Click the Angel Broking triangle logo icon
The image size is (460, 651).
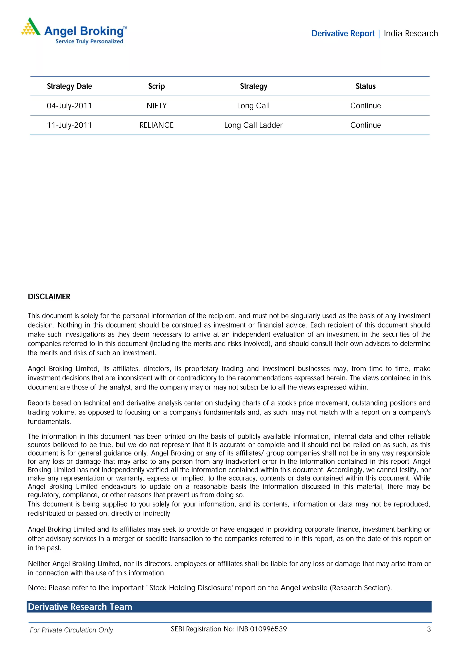[31, 27]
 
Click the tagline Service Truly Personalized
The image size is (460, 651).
[89, 41]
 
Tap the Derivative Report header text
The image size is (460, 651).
[343, 33]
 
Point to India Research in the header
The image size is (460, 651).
[411, 33]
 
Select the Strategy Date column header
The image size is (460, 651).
[69, 86]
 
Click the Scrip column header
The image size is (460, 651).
[157, 86]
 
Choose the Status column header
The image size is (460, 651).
[365, 86]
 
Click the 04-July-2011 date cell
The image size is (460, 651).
[69, 106]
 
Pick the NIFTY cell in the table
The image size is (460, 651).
[157, 106]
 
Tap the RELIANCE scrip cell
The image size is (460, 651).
[157, 125]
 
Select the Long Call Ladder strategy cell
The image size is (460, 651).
[253, 125]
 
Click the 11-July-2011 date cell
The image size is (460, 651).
[69, 125]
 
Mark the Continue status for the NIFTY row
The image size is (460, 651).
[365, 106]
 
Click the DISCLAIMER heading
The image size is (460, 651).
[49, 297]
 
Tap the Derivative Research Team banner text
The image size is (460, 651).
[80, 607]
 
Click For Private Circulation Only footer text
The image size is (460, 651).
[71, 630]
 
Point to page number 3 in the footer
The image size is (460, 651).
[429, 629]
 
